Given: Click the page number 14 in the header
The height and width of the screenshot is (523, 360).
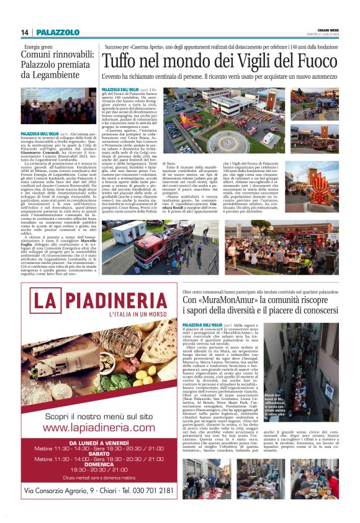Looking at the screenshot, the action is (25, 32).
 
